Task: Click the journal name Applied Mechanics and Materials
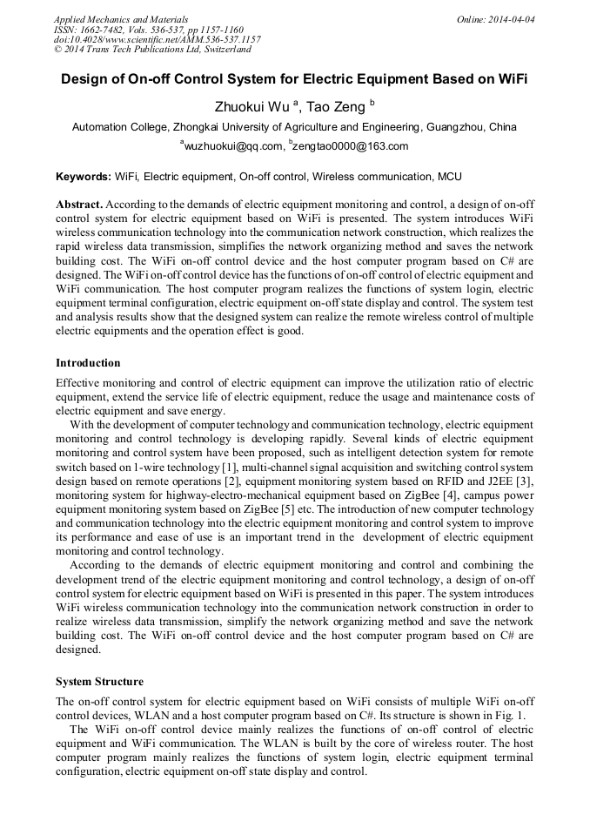click(x=121, y=18)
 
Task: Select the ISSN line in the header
click(x=149, y=29)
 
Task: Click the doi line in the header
click(x=157, y=39)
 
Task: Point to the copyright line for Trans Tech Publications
click(x=152, y=50)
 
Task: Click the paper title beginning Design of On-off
click(x=294, y=78)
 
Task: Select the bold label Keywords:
click(x=84, y=177)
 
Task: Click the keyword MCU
click(x=449, y=177)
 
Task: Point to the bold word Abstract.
click(x=80, y=203)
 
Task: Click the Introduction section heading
click(x=88, y=363)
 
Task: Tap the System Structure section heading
click(x=99, y=682)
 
